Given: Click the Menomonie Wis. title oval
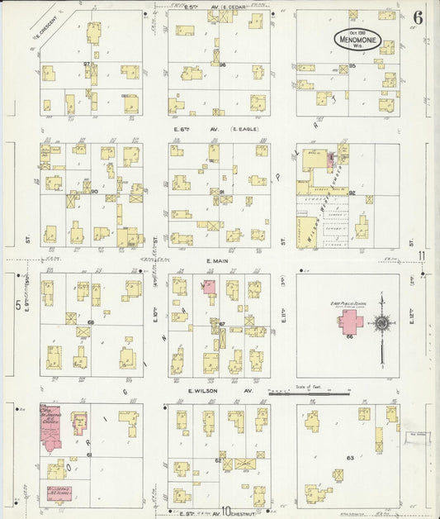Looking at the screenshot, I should (363, 38).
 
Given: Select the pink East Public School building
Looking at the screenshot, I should (355, 322).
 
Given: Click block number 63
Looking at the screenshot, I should (350, 456).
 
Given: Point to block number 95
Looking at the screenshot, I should (352, 65).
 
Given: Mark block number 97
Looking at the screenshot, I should (86, 64).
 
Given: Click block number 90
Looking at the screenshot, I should (95, 192).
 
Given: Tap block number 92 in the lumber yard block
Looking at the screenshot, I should (352, 193).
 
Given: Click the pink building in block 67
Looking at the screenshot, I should (209, 287).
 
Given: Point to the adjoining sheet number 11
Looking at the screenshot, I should (421, 255).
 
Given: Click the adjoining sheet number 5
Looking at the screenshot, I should (17, 305).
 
